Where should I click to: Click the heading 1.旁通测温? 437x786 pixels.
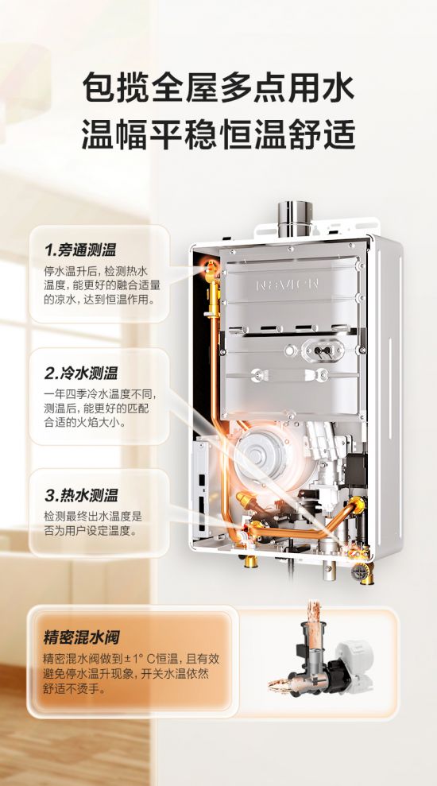pyautogui.click(x=80, y=250)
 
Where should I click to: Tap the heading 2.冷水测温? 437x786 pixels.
pyautogui.click(x=81, y=373)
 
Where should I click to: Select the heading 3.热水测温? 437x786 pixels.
pyautogui.click(x=81, y=496)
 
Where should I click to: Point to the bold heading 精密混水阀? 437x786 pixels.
pyautogui.click(x=81, y=638)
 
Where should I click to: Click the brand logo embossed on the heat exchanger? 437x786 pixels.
pyautogui.click(x=287, y=285)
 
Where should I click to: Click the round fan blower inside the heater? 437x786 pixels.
pyautogui.click(x=260, y=455)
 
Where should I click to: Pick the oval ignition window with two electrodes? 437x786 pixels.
pyautogui.click(x=323, y=350)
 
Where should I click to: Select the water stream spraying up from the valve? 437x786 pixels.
pyautogui.click(x=315, y=612)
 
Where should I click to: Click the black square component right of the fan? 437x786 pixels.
pyautogui.click(x=354, y=470)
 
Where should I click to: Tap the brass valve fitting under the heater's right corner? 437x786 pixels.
pyautogui.click(x=364, y=572)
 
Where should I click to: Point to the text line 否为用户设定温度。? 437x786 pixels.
pyautogui.click(x=91, y=531)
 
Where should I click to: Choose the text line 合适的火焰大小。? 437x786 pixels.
pyautogui.click(x=85, y=421)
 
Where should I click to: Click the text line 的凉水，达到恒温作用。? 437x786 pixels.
pyautogui.click(x=99, y=300)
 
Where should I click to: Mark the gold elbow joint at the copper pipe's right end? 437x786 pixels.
pyautogui.click(x=357, y=505)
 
